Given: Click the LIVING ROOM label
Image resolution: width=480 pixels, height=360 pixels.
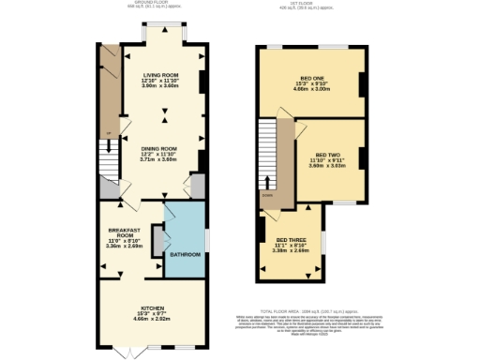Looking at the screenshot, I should (160, 74).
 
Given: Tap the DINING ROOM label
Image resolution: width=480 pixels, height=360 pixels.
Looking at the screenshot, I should (159, 148).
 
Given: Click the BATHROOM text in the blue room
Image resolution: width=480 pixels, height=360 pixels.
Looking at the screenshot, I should (185, 255).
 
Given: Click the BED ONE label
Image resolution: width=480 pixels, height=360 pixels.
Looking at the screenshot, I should (311, 79).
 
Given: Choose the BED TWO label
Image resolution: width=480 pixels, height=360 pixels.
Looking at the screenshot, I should (328, 155).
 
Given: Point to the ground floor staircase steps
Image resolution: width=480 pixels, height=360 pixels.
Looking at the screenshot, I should (110, 170).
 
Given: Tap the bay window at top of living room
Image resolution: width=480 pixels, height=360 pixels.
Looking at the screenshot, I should (163, 34).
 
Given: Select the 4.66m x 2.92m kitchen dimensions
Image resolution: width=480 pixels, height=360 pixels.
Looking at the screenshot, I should (155, 320).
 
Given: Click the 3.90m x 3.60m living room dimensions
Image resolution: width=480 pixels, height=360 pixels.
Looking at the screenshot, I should (160, 86).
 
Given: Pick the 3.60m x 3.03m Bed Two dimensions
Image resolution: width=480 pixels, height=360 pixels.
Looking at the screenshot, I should (328, 167).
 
